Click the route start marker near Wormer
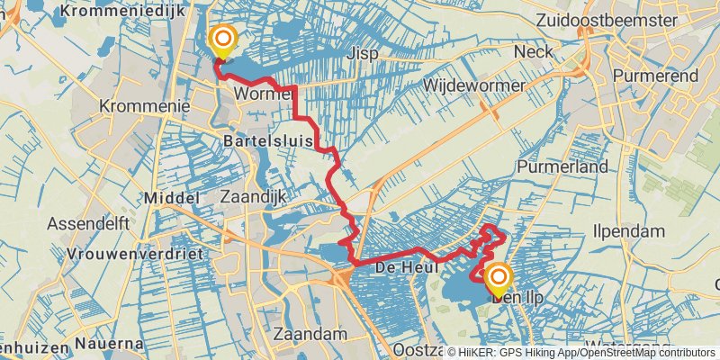click(x=222, y=40)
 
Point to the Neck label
click(x=532, y=52)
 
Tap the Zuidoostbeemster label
click(x=629, y=19)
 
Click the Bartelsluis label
click(x=267, y=142)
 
